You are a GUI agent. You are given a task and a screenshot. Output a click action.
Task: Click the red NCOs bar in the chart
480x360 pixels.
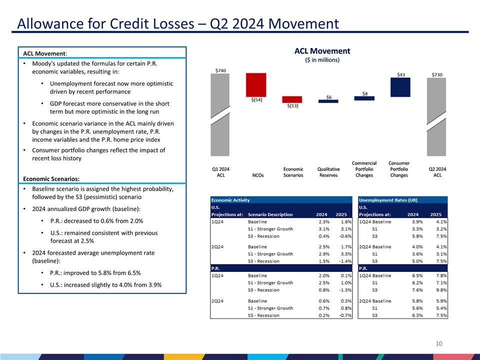click(255, 85)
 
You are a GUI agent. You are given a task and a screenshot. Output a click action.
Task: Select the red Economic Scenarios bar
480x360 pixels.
click(292, 99)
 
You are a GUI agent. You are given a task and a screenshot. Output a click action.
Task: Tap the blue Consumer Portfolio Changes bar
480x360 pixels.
click(400, 87)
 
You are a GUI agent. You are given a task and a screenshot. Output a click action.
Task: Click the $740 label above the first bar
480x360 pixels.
click(220, 70)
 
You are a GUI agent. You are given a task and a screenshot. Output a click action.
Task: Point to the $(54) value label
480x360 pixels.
click(256, 100)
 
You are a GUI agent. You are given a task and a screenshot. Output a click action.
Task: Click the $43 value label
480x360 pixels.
click(401, 74)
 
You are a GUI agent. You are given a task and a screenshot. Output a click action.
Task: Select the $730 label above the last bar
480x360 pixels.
click(437, 74)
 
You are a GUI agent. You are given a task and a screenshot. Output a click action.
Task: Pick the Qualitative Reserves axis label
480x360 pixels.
click(328, 172)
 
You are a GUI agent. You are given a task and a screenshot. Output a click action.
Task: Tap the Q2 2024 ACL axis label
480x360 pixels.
click(437, 172)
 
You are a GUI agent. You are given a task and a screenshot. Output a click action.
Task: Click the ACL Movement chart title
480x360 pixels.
click(322, 51)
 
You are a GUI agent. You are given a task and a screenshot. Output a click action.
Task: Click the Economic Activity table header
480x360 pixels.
click(230, 200)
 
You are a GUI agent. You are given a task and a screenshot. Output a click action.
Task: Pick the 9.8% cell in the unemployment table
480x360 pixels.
click(440, 290)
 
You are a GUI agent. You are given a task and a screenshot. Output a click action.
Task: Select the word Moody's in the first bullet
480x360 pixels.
click(43, 64)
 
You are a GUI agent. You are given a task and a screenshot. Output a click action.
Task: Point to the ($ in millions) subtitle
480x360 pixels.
click(322, 60)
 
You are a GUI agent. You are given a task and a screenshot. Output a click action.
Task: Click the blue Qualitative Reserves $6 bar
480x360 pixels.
click(328, 101)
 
